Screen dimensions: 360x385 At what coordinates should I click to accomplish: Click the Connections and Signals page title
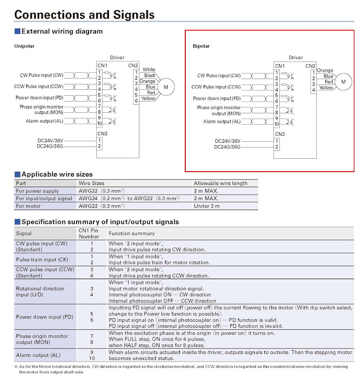84,15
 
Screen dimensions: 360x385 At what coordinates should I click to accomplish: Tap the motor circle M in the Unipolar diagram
166,87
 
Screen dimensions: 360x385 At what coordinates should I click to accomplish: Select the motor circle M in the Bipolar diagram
343,82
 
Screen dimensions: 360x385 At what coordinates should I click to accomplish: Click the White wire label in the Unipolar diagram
149,70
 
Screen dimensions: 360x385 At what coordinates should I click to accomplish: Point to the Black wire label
150,75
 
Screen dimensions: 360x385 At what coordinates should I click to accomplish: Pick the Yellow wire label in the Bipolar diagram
326,88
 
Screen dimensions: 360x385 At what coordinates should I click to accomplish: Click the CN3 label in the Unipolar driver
102,134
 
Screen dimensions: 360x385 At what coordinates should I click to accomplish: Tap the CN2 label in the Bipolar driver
310,66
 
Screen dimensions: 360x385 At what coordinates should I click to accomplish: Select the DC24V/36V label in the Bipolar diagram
228,141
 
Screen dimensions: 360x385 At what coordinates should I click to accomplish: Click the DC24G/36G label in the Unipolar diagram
50,147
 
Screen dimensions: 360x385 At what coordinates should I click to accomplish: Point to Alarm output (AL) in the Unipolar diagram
45,121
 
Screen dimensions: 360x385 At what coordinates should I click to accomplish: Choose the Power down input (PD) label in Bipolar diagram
216,98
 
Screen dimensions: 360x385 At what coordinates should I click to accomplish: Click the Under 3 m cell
207,206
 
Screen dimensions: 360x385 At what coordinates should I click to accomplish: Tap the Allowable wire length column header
221,183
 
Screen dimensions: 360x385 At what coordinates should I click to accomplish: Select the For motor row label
28,206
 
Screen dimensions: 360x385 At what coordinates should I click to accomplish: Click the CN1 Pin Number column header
89,234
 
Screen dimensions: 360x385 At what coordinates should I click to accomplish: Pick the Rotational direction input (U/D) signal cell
40,291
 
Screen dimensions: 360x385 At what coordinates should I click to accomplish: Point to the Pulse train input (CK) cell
42,259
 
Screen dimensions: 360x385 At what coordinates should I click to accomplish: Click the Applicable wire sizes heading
57,174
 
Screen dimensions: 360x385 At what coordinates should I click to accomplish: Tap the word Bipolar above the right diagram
201,46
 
